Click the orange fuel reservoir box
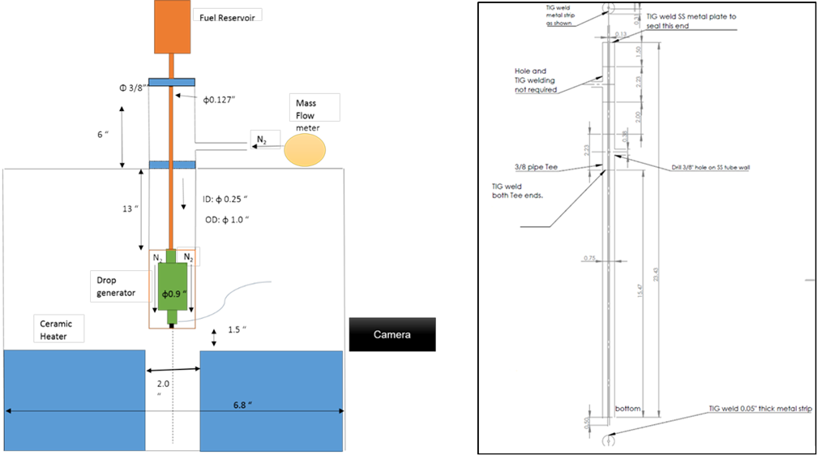coord(171,27)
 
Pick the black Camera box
coord(392,334)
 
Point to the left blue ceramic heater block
coord(75,401)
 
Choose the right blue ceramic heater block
coord(270,401)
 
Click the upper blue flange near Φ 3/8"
coord(171,82)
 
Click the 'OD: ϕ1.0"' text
coord(227,220)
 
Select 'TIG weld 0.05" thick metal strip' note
coord(759,409)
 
